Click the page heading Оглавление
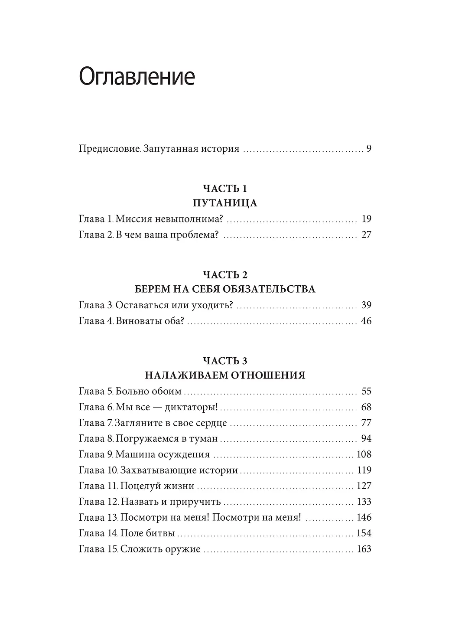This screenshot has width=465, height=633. (137, 77)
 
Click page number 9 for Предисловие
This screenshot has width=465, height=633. (369, 149)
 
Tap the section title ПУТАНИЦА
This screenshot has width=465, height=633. (224, 203)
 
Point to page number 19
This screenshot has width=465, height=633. (366, 219)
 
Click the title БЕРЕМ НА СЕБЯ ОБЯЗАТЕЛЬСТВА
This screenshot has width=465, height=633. (224, 289)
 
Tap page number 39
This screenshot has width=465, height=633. (366, 305)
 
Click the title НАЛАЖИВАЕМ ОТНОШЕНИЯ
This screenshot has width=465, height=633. (224, 375)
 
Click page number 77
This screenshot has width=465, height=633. (366, 423)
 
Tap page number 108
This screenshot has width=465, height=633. (364, 454)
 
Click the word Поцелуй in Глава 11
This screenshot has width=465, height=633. (139, 486)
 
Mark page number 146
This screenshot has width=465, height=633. (364, 517)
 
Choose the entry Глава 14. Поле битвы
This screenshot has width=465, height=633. (127, 533)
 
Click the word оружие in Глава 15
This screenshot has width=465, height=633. (182, 549)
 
